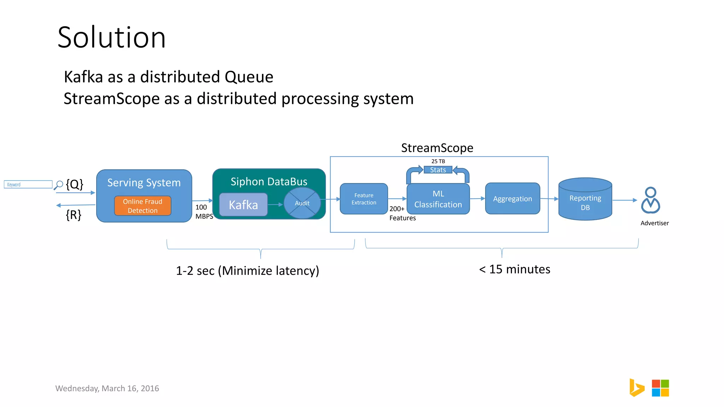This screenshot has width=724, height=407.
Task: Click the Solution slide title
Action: click(111, 37)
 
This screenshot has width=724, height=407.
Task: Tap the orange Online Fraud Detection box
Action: click(142, 206)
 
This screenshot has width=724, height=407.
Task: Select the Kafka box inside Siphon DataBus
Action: click(243, 205)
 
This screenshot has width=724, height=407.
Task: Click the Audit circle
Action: click(302, 203)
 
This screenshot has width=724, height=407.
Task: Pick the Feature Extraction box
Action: click(364, 199)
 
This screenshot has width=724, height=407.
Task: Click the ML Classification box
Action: click(438, 199)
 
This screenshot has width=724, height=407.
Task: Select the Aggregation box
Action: click(512, 199)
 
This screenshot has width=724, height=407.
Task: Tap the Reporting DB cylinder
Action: click(585, 200)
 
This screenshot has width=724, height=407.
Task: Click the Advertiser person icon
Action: click(650, 200)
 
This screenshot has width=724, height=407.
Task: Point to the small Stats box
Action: click(438, 170)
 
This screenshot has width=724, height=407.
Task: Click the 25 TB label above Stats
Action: click(438, 161)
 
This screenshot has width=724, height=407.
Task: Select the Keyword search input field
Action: click(28, 184)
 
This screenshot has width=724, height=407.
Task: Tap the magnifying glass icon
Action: click(59, 185)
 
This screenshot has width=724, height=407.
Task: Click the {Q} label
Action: click(75, 184)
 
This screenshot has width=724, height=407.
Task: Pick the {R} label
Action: click(74, 215)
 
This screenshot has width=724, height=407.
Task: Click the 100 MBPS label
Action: click(204, 212)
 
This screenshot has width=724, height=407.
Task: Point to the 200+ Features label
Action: click(402, 213)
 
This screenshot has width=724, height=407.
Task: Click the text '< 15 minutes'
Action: click(514, 269)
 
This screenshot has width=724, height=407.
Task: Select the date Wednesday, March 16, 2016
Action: click(107, 388)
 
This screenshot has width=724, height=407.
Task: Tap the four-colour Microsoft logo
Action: click(660, 388)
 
